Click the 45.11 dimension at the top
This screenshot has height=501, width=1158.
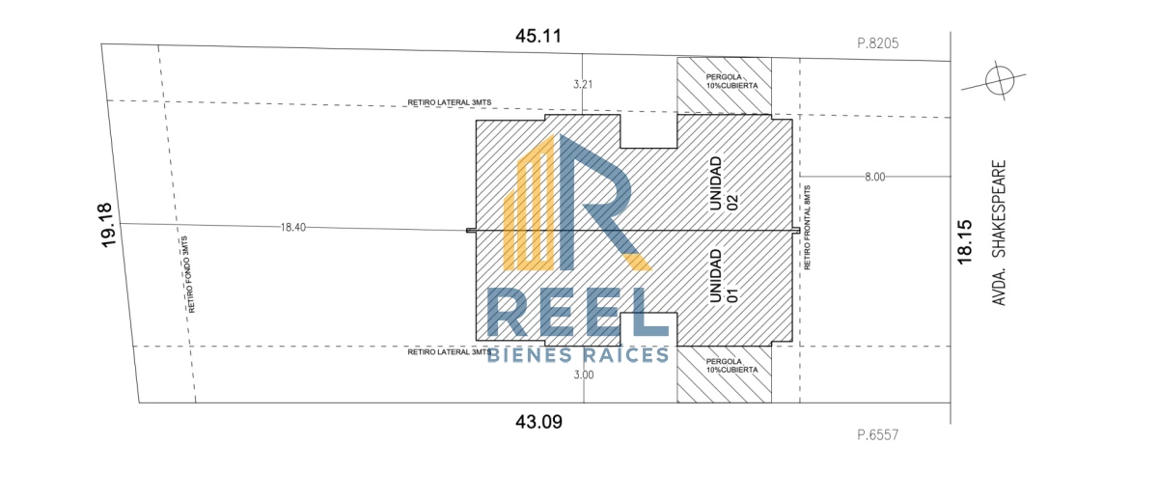[x=538, y=36]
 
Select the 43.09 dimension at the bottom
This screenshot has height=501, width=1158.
[x=538, y=422]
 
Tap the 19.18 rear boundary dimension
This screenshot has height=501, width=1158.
[x=106, y=225]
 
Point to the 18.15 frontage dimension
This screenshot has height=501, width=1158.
[x=964, y=242]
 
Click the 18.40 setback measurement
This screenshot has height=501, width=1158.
[x=292, y=227]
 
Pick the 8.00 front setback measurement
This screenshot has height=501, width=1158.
[x=874, y=177]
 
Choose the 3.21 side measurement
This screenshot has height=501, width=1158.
[x=583, y=84]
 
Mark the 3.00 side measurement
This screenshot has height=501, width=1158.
[x=584, y=375]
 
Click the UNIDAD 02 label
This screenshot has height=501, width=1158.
[x=723, y=184]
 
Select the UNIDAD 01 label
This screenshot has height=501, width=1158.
[x=723, y=276]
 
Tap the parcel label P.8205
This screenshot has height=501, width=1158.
[x=878, y=42]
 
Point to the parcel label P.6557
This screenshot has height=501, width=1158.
[x=878, y=434]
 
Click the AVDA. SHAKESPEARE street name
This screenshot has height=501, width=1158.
[x=999, y=233]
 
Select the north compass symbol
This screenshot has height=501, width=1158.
[x=1000, y=81]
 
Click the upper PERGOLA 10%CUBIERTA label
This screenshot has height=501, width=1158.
[x=731, y=81]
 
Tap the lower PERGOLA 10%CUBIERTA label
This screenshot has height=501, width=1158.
[x=731, y=366]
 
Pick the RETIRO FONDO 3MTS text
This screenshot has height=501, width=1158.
[x=188, y=274]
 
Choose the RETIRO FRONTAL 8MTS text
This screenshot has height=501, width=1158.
[x=807, y=228]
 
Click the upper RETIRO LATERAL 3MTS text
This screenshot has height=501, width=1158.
[x=450, y=102]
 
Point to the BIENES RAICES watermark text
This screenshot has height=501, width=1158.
[x=578, y=354]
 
